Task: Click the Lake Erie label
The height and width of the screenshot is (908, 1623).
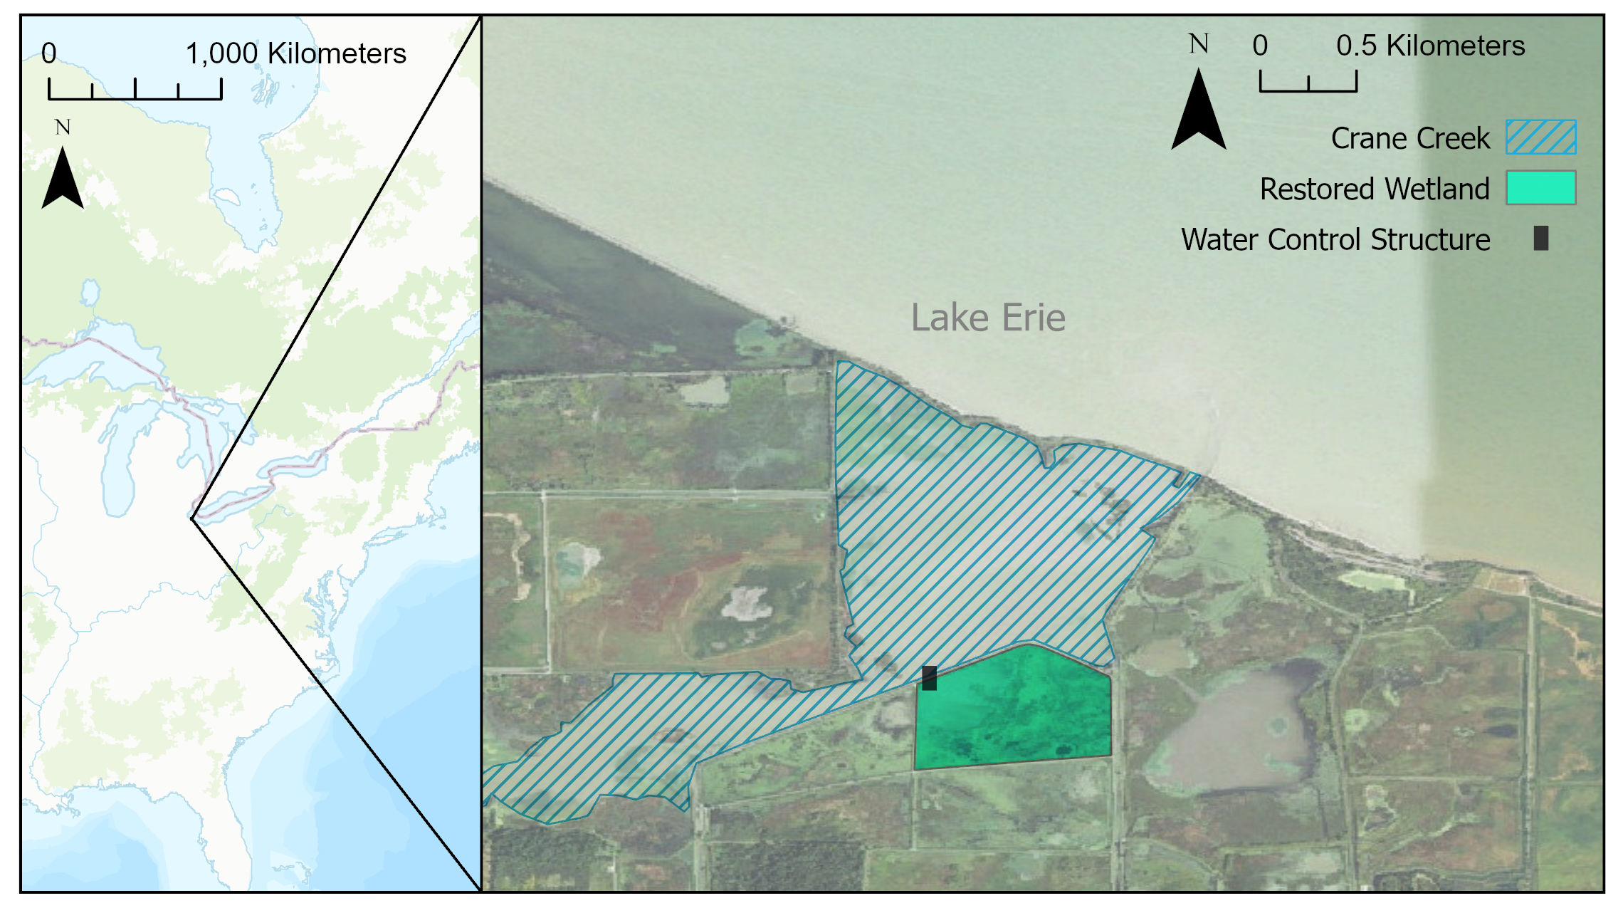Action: point(988,318)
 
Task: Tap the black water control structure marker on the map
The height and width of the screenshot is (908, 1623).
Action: point(929,678)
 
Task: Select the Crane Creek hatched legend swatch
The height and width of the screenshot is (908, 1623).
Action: point(1540,137)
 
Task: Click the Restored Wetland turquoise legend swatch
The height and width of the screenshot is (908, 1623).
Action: point(1540,188)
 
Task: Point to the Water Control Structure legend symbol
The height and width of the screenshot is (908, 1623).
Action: point(1540,239)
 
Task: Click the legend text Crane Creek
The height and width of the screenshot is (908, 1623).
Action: point(1409,138)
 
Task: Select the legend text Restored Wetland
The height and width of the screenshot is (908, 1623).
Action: point(1374,189)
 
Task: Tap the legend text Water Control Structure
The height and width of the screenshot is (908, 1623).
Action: point(1335,240)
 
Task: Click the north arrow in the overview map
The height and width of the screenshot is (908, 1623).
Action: point(63,178)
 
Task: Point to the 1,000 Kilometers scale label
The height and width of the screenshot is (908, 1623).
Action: point(295,54)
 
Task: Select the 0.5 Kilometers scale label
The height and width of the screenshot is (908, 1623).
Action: point(1430,46)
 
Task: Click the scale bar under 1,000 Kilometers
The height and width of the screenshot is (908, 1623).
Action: point(135,90)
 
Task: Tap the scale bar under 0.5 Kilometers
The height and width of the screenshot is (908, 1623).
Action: point(1308,83)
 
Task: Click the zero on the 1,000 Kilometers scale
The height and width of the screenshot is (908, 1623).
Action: point(48,54)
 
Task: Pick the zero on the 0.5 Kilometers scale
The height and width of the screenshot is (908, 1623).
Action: point(1260,46)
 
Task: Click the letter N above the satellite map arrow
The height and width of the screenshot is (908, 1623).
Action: point(1199,44)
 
